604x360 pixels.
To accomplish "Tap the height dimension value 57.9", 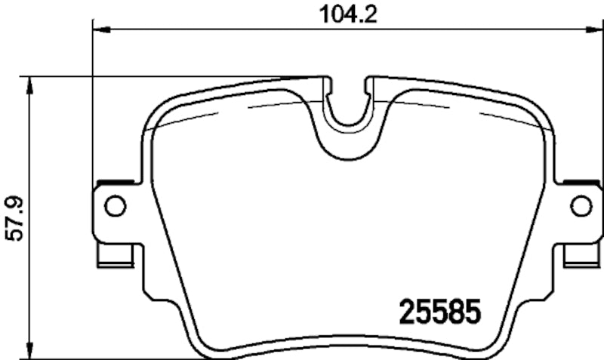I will tap(16, 219).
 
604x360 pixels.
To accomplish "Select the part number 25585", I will tap(439, 311).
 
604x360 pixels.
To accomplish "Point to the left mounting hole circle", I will tap(114, 205).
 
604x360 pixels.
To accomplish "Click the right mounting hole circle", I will tap(580, 205).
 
